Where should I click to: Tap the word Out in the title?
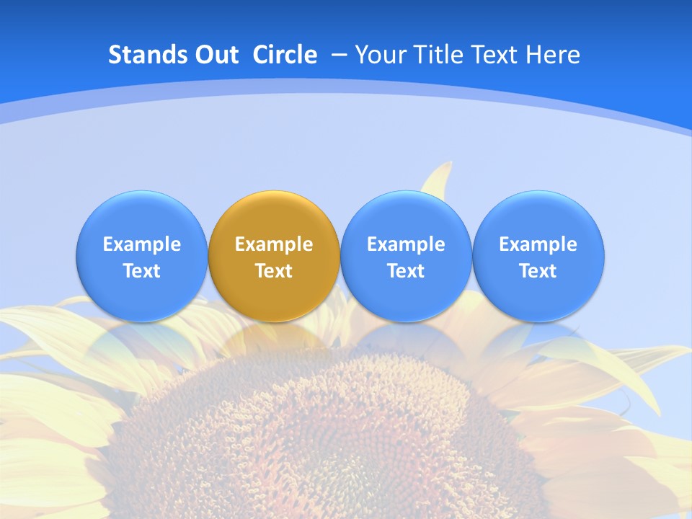point(216,55)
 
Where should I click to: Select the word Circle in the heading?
point(285,55)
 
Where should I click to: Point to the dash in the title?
point(340,55)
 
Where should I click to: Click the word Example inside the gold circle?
point(274,244)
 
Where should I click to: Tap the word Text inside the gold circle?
point(274,271)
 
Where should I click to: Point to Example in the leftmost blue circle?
point(141,244)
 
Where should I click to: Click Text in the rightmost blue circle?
point(538,271)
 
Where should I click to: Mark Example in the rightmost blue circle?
point(538,244)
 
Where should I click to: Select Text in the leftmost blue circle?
point(141,271)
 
